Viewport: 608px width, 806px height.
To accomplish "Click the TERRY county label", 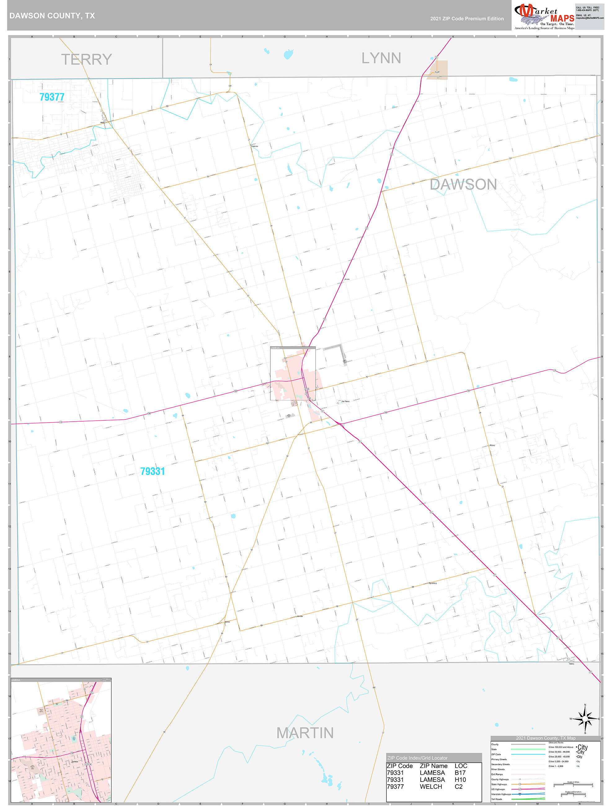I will pyautogui.click(x=87, y=60).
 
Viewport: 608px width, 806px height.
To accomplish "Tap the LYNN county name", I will pyautogui.click(x=381, y=58).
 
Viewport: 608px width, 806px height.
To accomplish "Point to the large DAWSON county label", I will pyautogui.click(x=463, y=184).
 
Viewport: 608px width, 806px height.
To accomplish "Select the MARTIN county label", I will pyautogui.click(x=305, y=733).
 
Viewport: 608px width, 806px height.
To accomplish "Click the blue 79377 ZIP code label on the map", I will pyautogui.click(x=52, y=97).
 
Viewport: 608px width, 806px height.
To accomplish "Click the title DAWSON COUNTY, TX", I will pyautogui.click(x=52, y=16).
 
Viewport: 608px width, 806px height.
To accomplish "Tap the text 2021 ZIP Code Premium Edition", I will pyautogui.click(x=467, y=19).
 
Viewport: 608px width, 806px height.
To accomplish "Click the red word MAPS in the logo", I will pyautogui.click(x=562, y=18).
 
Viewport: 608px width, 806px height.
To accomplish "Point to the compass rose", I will pyautogui.click(x=585, y=719).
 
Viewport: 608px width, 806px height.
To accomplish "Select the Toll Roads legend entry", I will pyautogui.click(x=496, y=799).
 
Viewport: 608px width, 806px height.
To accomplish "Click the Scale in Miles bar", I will pyautogui.click(x=573, y=785).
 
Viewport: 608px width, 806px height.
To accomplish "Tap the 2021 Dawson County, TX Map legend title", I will pyautogui.click(x=545, y=738).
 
